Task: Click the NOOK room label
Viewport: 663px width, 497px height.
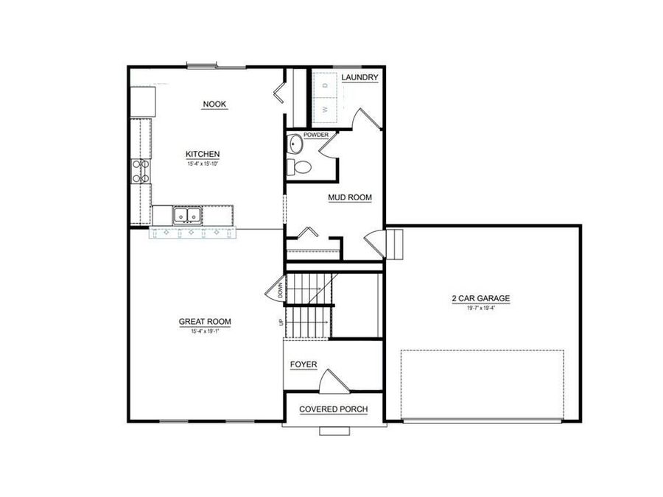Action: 214,105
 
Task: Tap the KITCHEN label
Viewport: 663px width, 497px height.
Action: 203,154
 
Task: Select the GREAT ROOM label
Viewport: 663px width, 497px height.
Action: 205,321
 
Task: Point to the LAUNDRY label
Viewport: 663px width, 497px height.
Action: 360,77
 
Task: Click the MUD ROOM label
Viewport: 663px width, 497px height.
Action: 350,197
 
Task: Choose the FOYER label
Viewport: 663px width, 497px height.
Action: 303,364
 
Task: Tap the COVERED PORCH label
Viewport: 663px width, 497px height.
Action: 333,409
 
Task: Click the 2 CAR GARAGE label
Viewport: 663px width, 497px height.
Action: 480,299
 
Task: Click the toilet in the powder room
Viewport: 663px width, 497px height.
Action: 298,166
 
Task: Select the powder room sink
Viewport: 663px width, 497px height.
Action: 293,144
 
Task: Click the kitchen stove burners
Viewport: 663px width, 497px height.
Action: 140,171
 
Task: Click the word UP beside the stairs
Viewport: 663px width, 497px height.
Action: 280,322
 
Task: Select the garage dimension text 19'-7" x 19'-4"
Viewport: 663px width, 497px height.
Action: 480,308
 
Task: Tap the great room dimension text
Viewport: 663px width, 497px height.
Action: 205,331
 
